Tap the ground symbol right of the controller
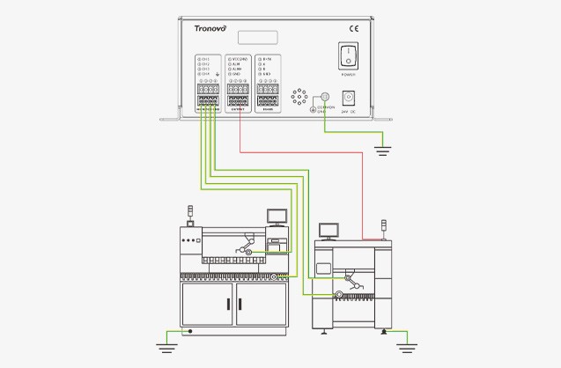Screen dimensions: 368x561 381,151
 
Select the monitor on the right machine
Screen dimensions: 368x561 328,230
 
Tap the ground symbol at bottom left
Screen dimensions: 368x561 160,336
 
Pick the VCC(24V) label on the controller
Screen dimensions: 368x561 238,61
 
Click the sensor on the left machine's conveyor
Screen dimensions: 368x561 248,253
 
